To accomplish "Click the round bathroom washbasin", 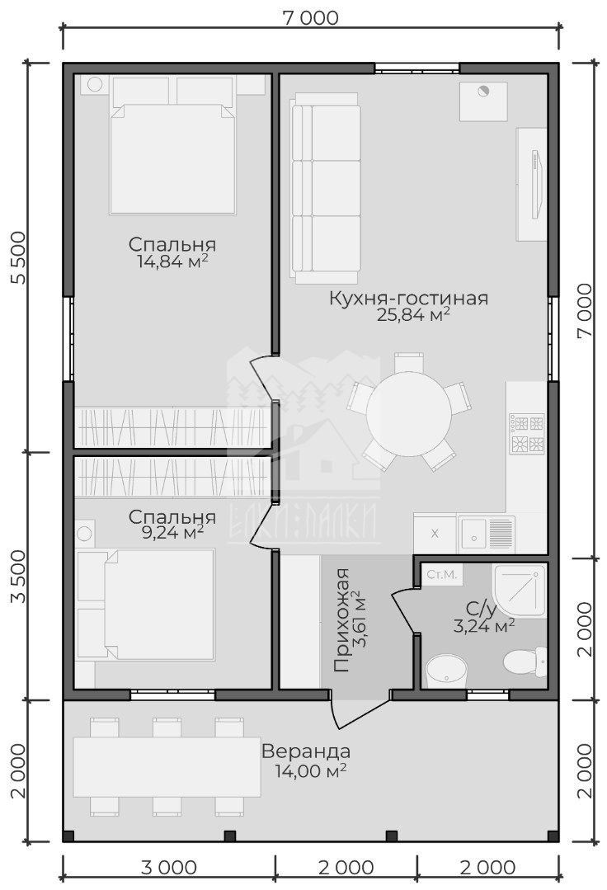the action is click(446, 671).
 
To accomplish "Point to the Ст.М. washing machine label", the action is click(441, 574).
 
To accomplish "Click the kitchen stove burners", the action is click(528, 433).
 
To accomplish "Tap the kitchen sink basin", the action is click(472, 533).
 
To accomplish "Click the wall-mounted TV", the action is click(535, 183).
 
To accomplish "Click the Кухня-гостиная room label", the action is click(408, 298).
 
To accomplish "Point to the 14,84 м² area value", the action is click(172, 261).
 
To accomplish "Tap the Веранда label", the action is click(306, 751).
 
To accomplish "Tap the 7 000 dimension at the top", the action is click(310, 17).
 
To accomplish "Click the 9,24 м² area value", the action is click(172, 532).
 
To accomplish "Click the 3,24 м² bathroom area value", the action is click(484, 625).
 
